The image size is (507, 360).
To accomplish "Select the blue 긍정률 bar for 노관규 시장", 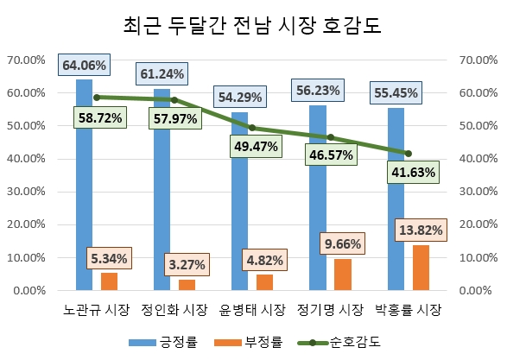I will [x=84, y=190].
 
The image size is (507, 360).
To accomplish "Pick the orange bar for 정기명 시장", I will [x=343, y=275].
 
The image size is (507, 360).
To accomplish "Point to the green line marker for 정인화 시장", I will [x=174, y=100].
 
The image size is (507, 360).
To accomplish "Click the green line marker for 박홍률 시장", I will [x=408, y=154].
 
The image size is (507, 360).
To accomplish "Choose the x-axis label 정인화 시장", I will [x=174, y=310].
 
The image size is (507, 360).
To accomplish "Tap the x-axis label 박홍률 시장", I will [x=408, y=310].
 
